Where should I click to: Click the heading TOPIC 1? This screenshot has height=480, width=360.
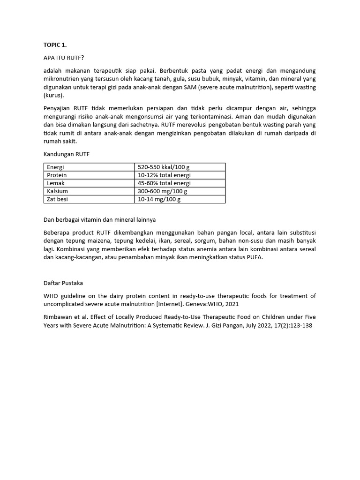pos(55,45)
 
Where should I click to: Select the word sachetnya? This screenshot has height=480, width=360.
pos(145,125)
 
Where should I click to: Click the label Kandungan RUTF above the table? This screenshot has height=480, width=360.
pos(66,154)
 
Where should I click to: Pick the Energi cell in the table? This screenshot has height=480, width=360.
pos(56,167)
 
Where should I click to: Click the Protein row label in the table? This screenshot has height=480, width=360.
pos(57,175)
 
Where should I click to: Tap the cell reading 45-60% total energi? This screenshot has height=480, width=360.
pos(164,183)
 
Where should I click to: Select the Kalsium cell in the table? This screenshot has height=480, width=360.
pos(58,191)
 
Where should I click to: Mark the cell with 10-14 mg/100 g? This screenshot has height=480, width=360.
pos(159,199)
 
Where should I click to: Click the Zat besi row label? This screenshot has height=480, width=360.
pos(58,199)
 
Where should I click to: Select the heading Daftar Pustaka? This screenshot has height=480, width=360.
pos(62,283)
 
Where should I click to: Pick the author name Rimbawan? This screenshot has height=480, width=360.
pos(58,316)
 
